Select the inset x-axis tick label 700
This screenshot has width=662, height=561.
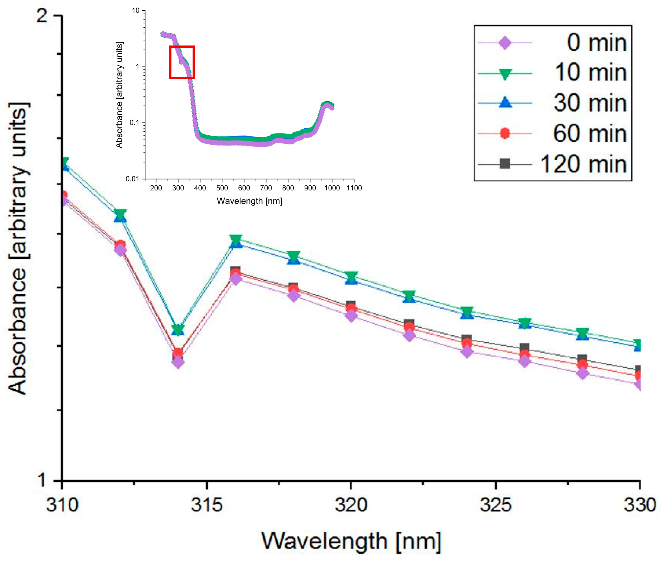tap(266, 188)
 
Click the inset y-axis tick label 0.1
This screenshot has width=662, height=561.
tap(134, 122)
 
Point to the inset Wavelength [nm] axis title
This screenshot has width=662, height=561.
tap(249, 201)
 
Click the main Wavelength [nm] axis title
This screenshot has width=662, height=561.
tap(351, 541)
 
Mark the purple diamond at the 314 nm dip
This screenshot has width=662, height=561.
tap(178, 362)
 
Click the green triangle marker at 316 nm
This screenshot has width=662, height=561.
tap(236, 239)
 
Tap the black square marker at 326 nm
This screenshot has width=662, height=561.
tap(524, 347)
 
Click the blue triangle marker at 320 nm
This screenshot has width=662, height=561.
tap(351, 280)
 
